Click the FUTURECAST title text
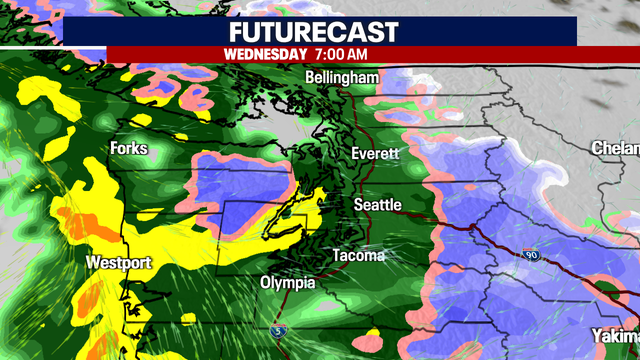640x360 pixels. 320,30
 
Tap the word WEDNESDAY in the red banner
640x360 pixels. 265,54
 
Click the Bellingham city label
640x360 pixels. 342,78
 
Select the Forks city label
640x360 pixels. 130,149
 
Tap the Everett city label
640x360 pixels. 375,154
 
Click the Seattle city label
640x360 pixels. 377,205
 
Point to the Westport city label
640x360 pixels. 119,263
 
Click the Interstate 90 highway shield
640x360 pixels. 528,256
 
